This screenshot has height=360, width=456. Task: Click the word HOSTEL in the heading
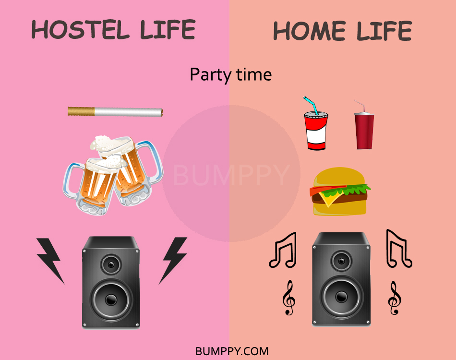point(81,29)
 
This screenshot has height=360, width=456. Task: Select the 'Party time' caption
point(230,75)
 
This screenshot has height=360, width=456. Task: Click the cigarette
point(115,112)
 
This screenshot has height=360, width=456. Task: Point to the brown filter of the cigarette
point(81,111)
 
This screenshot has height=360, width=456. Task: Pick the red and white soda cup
point(316,131)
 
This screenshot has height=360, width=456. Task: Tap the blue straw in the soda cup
point(311,105)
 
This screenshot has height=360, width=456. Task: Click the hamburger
point(339,192)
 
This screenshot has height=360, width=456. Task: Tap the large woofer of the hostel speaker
point(111,299)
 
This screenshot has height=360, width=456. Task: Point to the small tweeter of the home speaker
point(341,261)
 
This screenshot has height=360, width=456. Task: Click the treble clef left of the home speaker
point(288,298)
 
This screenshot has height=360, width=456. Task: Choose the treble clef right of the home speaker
point(395,298)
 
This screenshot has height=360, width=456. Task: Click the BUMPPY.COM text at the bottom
point(232,351)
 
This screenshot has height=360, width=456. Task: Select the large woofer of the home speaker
point(341,297)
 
